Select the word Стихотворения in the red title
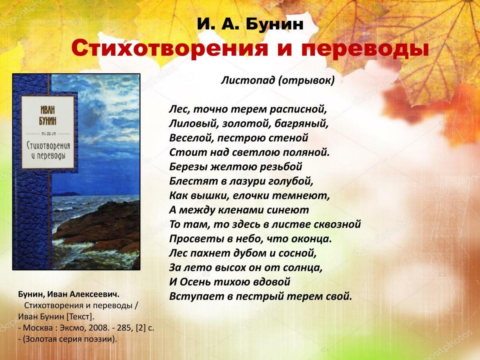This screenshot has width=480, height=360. tap(169, 49)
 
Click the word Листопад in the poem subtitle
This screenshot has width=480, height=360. tap(248, 80)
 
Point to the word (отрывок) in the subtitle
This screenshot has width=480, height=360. tap(306, 81)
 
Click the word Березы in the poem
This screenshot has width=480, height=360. tap(188, 167)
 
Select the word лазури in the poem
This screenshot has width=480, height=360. tap(246, 182)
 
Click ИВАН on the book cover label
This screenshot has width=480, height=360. tap(48, 110)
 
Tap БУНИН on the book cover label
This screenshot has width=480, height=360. tap(48, 121)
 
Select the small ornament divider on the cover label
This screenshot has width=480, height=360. tap(48, 134)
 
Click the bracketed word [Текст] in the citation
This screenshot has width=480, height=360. tap(80, 317)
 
